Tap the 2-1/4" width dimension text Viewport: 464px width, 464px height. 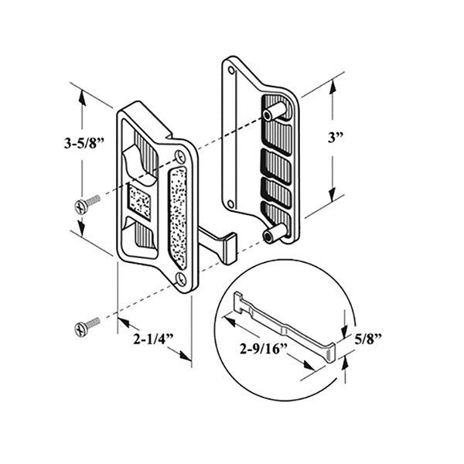[x=148, y=338]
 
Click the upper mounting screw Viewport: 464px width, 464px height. [x=87, y=203]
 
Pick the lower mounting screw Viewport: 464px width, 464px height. [x=87, y=325]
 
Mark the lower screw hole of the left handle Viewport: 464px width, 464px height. [x=180, y=277]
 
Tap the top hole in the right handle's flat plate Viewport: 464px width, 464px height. [x=230, y=73]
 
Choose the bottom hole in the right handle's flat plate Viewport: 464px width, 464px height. [x=230, y=204]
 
